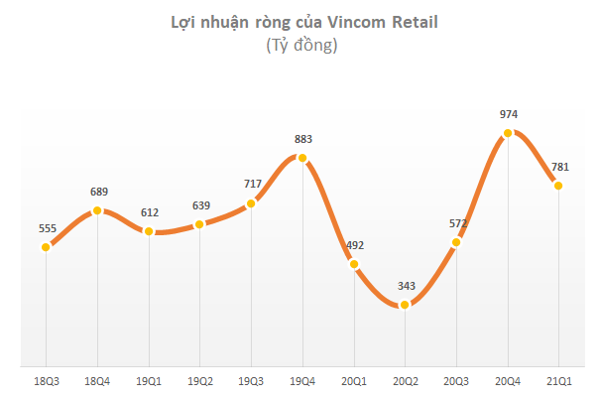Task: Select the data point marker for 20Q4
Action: tap(508, 133)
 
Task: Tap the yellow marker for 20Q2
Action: tap(405, 306)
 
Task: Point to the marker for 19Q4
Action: tap(302, 158)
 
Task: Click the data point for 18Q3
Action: tap(46, 247)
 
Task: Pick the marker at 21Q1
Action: tap(559, 186)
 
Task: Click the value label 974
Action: tap(509, 114)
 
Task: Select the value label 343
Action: tap(405, 287)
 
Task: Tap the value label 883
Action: tap(302, 139)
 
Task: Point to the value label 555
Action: tap(46, 228)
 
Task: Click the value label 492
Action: tap(354, 245)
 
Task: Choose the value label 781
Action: tap(559, 167)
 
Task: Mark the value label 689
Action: tap(97, 192)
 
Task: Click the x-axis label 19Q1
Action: tap(149, 380)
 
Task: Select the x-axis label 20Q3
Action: tap(456, 380)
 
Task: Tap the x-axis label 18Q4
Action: tap(97, 380)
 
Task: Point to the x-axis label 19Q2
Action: tap(200, 380)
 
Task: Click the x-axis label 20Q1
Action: tap(354, 380)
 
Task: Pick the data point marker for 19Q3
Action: tap(251, 203)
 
